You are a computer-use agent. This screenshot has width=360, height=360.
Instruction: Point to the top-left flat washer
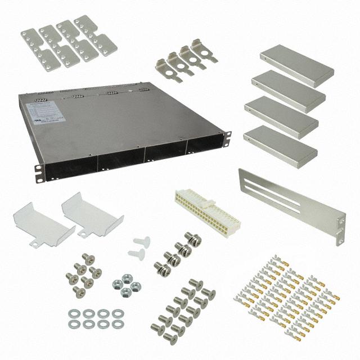[x=74, y=313]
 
